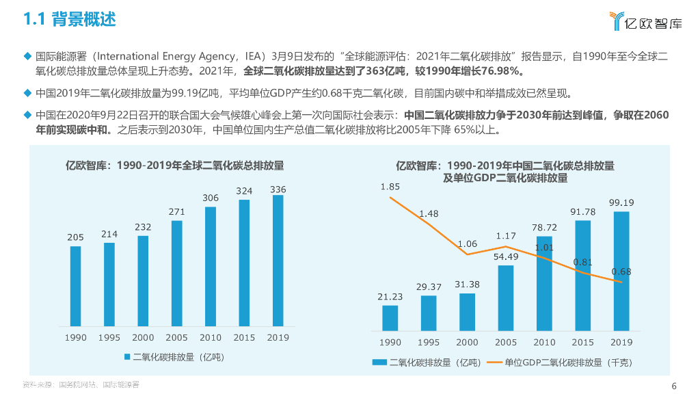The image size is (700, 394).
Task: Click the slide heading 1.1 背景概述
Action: point(70,19)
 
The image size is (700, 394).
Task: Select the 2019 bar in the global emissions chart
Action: point(278,260)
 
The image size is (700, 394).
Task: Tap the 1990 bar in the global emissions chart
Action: point(75,285)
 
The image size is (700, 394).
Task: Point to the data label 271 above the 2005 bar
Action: point(177,212)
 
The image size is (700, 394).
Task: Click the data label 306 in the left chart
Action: point(211,198)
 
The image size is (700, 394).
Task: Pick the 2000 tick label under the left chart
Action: point(143,337)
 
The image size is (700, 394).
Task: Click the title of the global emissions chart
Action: point(174,166)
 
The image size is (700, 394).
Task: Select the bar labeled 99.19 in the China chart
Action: point(621,271)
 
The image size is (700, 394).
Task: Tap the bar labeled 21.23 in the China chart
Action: point(390,317)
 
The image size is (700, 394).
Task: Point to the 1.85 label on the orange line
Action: point(390,186)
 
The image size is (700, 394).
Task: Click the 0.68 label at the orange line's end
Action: point(621,272)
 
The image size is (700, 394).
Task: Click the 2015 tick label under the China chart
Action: point(583,342)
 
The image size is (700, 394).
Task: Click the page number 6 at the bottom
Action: point(674,384)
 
